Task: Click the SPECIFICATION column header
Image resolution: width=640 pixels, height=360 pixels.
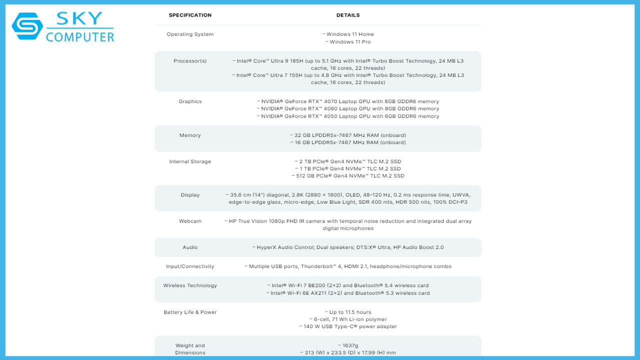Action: click(190, 15)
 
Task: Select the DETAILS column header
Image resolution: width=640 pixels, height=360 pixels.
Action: click(348, 15)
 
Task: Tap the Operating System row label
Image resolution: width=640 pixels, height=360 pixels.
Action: click(190, 34)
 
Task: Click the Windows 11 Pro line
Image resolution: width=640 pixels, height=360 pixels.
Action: click(348, 42)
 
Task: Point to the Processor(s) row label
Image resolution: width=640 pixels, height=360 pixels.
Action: click(190, 61)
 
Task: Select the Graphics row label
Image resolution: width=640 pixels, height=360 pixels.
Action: click(190, 101)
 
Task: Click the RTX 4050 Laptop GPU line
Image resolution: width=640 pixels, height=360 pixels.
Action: click(348, 116)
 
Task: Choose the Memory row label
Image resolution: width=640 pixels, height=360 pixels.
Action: click(190, 135)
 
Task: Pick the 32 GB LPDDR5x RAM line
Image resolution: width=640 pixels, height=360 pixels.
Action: click(348, 135)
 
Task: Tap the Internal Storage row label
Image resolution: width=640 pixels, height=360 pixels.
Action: click(190, 161)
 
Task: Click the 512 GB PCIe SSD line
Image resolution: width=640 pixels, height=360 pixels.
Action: click(348, 176)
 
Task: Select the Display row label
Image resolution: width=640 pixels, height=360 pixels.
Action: click(190, 195)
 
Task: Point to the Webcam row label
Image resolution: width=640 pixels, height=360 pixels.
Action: click(190, 221)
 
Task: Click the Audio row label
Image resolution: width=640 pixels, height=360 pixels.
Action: click(190, 247)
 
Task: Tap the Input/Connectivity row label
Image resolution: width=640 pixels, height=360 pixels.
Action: click(190, 266)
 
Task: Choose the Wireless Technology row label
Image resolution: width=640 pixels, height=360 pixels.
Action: click(190, 285)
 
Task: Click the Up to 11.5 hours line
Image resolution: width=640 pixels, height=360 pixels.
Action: click(348, 312)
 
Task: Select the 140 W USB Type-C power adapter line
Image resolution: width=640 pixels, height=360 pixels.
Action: click(348, 326)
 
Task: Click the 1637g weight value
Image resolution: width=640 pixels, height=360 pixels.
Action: click(348, 345)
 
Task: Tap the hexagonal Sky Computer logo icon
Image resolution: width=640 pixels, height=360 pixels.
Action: click(27, 26)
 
